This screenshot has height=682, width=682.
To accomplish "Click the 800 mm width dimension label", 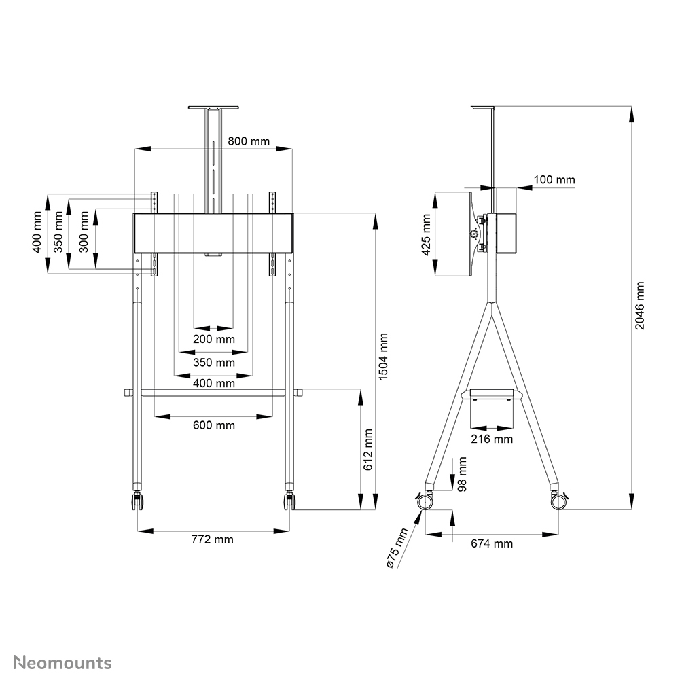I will pyautogui.click(x=248, y=141).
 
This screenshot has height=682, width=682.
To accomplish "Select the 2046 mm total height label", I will pyautogui.click(x=640, y=306).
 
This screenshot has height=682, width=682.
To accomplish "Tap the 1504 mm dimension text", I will pyautogui.click(x=384, y=357).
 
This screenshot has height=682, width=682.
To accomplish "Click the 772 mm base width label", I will pyautogui.click(x=212, y=539).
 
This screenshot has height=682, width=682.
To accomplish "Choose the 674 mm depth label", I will pyautogui.click(x=492, y=543).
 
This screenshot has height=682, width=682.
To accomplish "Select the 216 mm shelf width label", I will pyautogui.click(x=492, y=439).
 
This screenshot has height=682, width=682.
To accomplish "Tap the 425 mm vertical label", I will pyautogui.click(x=426, y=234).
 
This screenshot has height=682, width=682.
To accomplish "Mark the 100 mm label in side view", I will pyautogui.click(x=554, y=180).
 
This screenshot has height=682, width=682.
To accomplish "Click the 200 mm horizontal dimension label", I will pyautogui.click(x=214, y=339).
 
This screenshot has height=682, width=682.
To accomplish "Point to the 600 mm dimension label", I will pyautogui.click(x=214, y=425).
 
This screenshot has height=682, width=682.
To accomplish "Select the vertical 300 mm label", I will pyautogui.click(x=84, y=232).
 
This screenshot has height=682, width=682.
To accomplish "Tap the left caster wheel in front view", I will pyautogui.click(x=137, y=503).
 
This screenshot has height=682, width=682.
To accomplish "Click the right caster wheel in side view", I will pyautogui.click(x=559, y=502).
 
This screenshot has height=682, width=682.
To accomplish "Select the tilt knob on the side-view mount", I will pyautogui.click(x=473, y=233).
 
